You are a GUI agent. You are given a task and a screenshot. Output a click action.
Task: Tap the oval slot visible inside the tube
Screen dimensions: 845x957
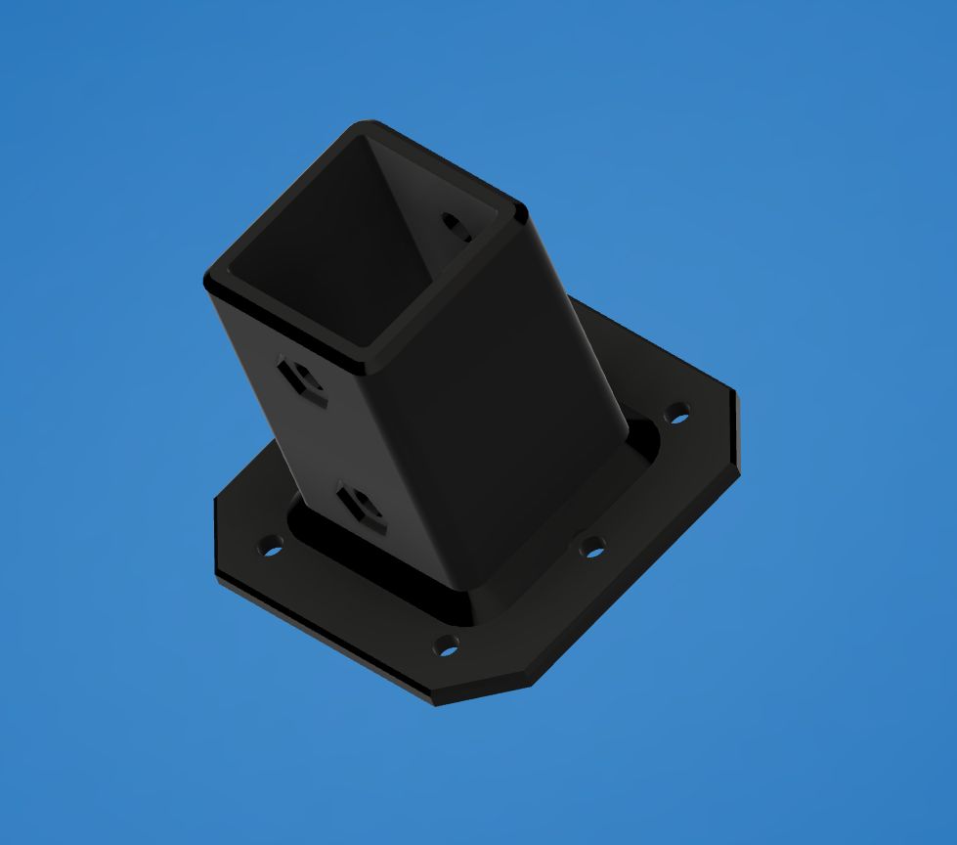tap(456, 227)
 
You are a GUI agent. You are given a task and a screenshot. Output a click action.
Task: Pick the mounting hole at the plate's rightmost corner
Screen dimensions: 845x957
tap(676, 413)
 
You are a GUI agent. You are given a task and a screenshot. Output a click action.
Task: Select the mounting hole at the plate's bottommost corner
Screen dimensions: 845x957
tap(446, 645)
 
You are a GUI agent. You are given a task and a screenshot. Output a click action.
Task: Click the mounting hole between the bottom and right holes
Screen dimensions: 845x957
tap(591, 547)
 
